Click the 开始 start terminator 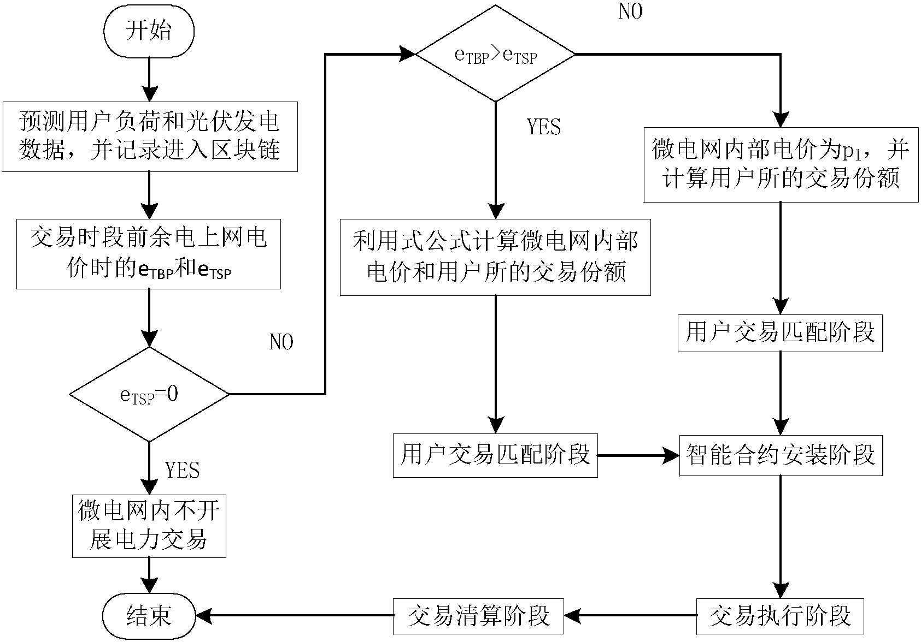tap(149, 31)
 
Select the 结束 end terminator tap(149, 615)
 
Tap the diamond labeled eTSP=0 tap(149, 394)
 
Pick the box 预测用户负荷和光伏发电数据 tap(149, 136)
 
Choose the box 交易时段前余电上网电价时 tap(149, 254)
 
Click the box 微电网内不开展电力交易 tap(149, 526)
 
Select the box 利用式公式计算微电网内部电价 tap(495, 257)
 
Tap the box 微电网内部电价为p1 tap(781, 164)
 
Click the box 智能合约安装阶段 tap(781, 455)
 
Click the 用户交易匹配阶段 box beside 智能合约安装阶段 tap(495, 455)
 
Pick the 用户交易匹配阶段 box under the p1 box tap(781, 332)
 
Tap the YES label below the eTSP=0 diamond tap(182, 469)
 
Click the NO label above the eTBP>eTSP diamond tap(630, 12)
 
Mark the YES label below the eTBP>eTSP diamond tap(544, 127)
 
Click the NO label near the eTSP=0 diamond tap(281, 342)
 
